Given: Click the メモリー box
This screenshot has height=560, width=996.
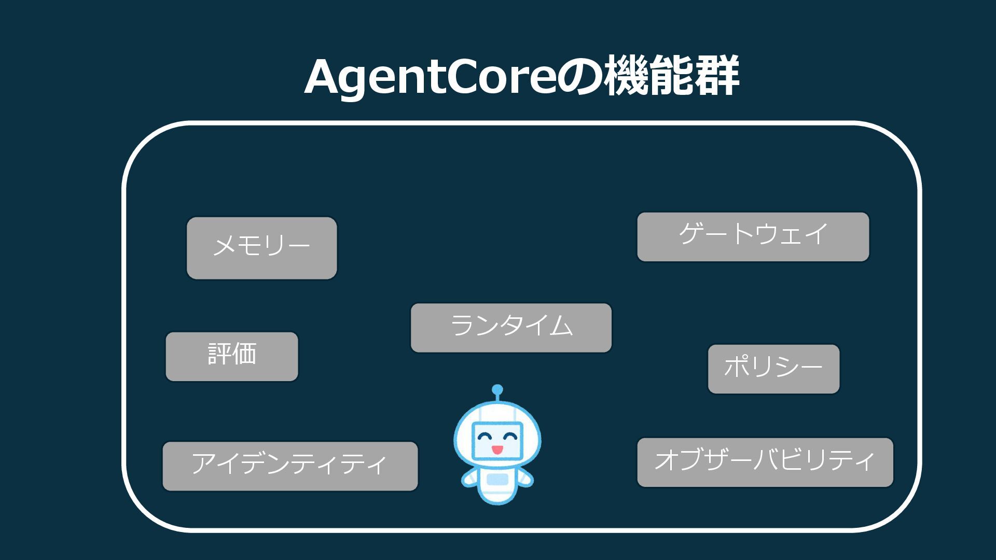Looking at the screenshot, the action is pyautogui.click(x=261, y=248).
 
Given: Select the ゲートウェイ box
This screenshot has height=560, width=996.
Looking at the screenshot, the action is pyautogui.click(x=753, y=236).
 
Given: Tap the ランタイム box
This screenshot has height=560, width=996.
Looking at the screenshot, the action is pyautogui.click(x=511, y=328).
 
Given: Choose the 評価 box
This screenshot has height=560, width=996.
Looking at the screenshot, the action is pyautogui.click(x=232, y=357).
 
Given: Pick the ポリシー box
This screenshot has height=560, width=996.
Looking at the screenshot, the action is pyautogui.click(x=773, y=369).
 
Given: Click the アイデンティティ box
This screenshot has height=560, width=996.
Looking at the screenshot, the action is pyautogui.click(x=290, y=466).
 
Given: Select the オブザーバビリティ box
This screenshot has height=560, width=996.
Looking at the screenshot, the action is pyautogui.click(x=765, y=462).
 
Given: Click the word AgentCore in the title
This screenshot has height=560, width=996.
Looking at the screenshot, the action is pyautogui.click(x=430, y=77).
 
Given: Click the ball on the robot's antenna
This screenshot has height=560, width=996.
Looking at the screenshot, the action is pyautogui.click(x=497, y=389).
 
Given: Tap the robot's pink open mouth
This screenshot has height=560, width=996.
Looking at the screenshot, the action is pyautogui.click(x=497, y=449).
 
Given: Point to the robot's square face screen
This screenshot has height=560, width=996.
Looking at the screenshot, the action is pyautogui.click(x=497, y=440).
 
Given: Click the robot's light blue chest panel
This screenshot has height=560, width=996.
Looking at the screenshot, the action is pyautogui.click(x=497, y=479).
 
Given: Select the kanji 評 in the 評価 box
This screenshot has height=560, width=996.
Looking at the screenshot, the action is pyautogui.click(x=219, y=354).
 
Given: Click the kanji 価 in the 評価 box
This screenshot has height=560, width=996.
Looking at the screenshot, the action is pyautogui.click(x=244, y=354).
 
